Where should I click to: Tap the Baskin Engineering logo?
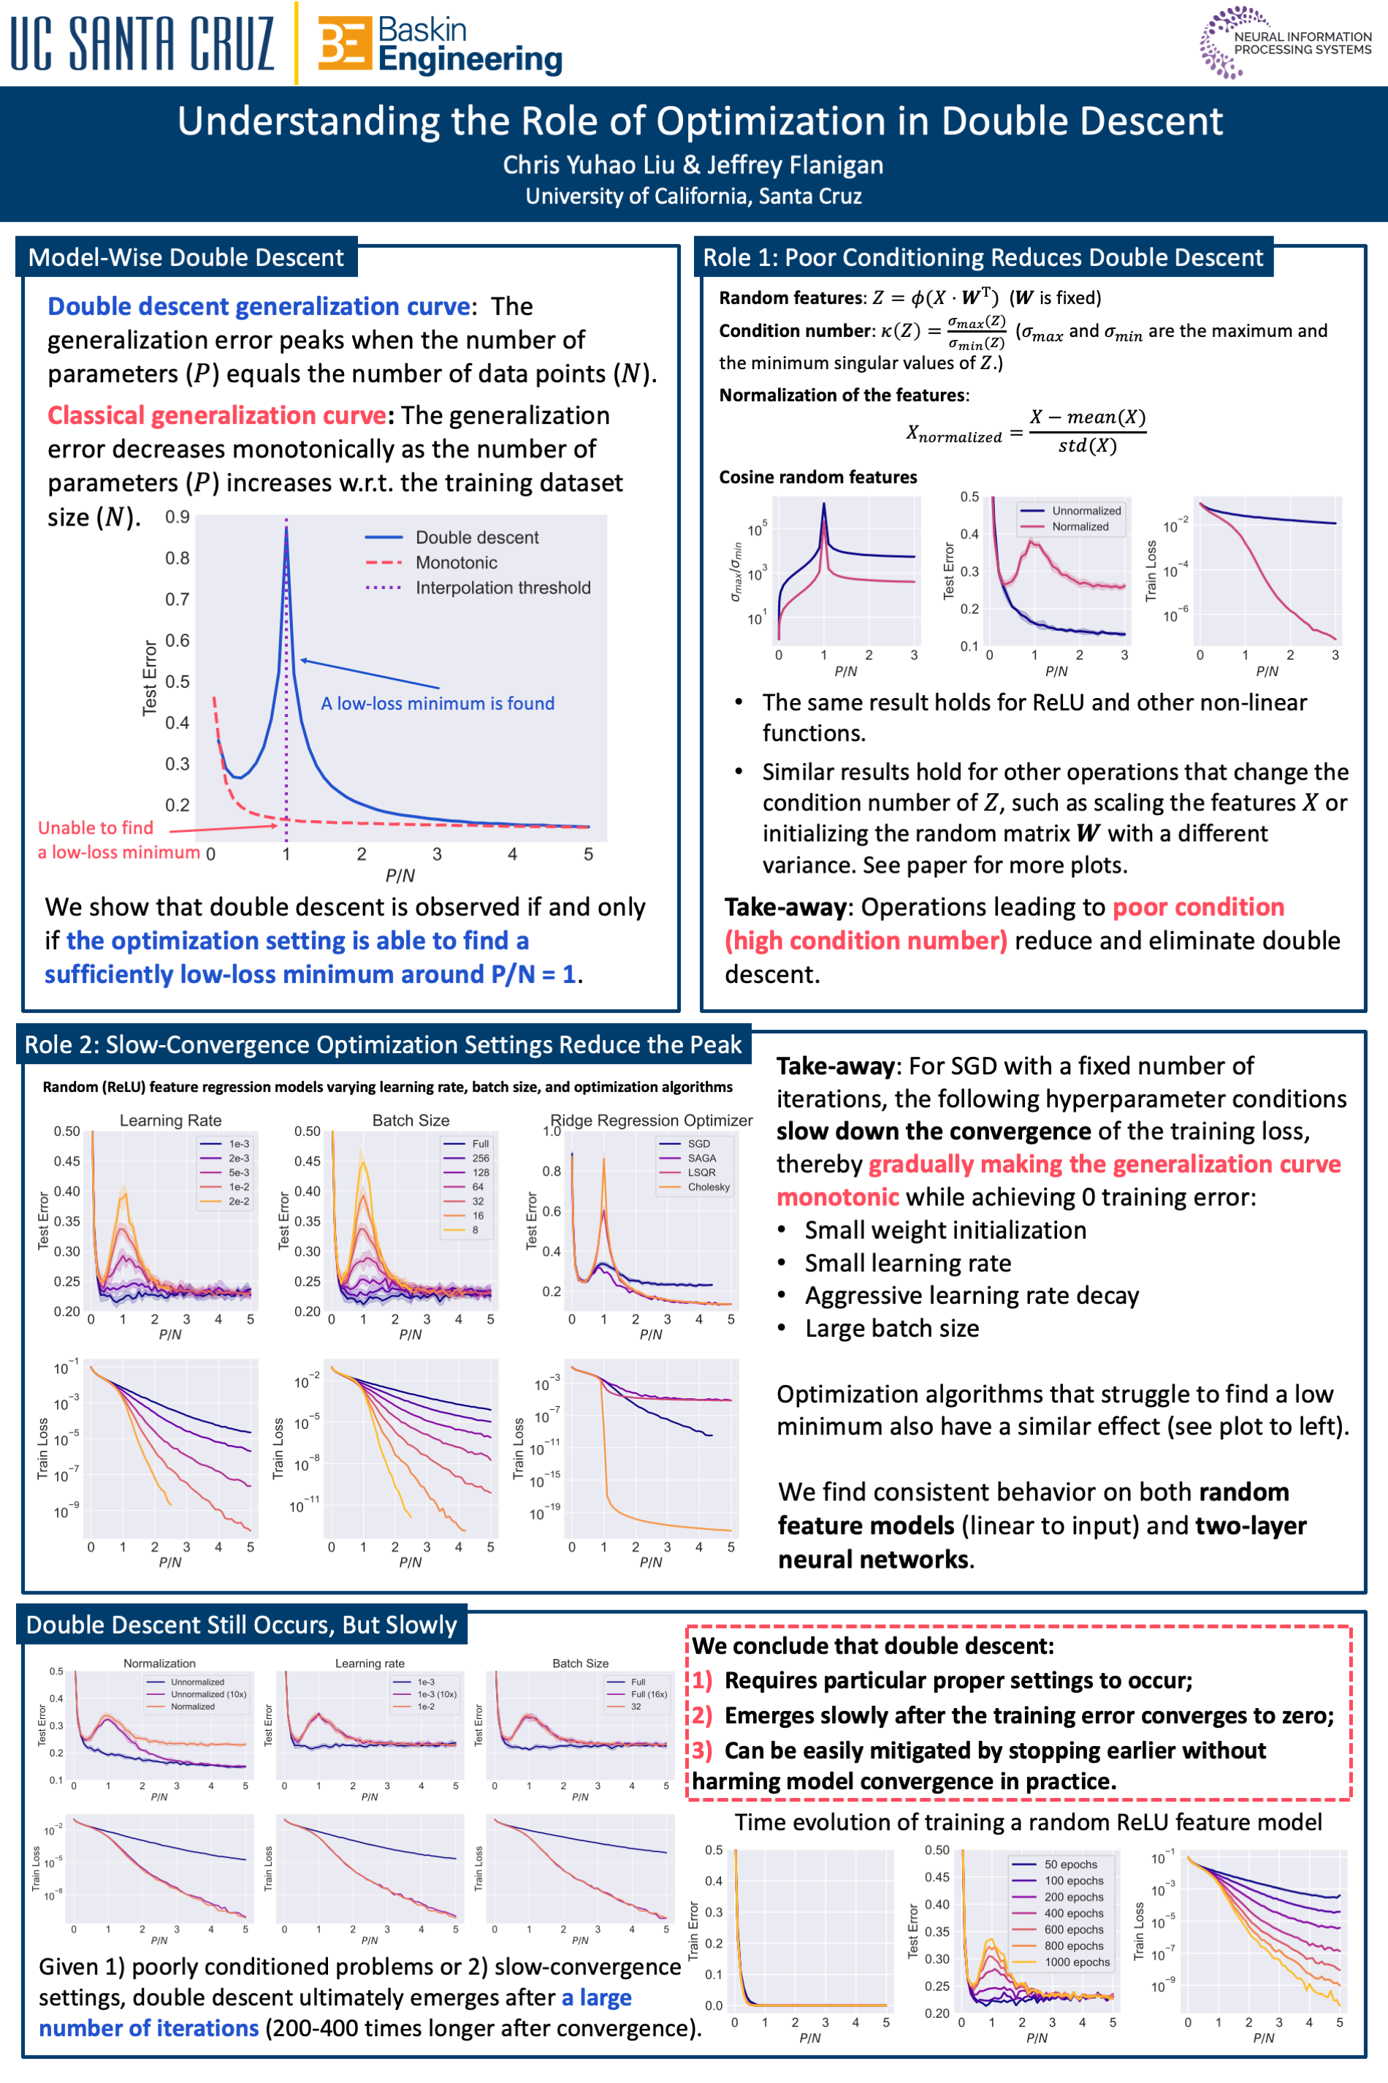click(440, 45)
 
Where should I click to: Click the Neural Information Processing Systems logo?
click(1285, 42)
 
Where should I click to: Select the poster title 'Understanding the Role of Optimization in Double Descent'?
click(699, 121)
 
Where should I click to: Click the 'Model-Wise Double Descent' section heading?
click(186, 258)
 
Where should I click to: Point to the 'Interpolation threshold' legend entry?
click(502, 588)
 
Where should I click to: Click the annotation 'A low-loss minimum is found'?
click(438, 703)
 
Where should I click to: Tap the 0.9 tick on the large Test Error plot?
click(177, 516)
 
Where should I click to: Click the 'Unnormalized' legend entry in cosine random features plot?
click(1086, 511)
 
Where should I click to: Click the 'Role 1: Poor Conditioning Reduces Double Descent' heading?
click(983, 258)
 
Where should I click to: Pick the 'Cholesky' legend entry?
click(708, 1187)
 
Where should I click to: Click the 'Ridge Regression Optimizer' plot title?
click(652, 1120)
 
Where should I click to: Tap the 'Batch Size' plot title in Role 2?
click(411, 1120)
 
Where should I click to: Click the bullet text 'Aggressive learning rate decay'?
click(971, 1296)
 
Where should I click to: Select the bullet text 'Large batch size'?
click(891, 1329)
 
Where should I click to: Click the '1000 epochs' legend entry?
click(1076, 1962)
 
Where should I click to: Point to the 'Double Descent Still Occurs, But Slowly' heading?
click(242, 1625)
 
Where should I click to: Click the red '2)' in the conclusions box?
click(701, 1715)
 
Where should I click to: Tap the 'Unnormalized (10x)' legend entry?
click(208, 1694)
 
